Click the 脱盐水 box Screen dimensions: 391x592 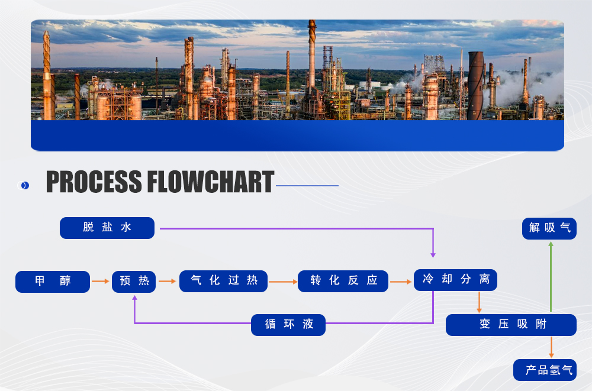107,228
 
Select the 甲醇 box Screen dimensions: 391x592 53,282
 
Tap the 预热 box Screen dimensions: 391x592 134,282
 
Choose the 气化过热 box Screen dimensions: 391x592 224,282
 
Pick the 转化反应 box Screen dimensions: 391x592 343,282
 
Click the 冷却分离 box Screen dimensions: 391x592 455,280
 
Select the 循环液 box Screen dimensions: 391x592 288,325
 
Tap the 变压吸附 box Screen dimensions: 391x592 511,325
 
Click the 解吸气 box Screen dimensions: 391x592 549,228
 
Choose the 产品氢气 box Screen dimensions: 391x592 545,370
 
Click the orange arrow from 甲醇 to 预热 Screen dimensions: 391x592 101,282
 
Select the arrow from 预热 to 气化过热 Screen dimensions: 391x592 168,282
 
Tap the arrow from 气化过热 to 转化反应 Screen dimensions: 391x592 283,282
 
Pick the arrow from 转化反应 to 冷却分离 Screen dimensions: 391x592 401,282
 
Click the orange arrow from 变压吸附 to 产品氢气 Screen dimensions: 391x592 552,347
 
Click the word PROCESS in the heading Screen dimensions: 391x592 94,182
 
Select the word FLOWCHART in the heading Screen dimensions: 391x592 210,182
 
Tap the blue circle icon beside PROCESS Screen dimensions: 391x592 24,185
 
